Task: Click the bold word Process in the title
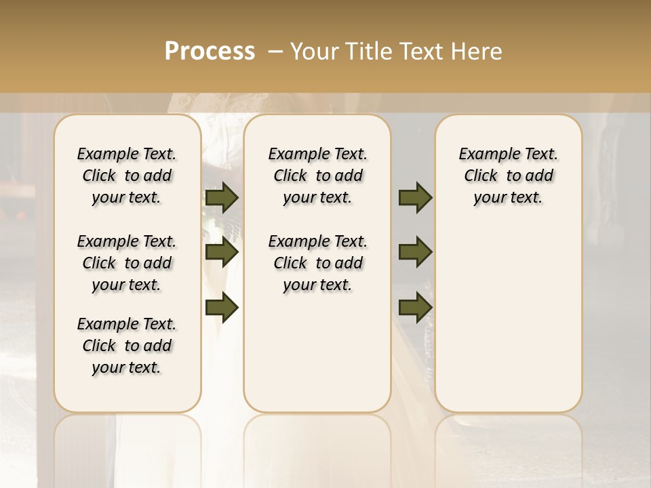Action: pyautogui.click(x=210, y=52)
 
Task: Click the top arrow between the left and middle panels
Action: pyautogui.click(x=221, y=197)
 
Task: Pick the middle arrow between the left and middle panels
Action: pyautogui.click(x=221, y=252)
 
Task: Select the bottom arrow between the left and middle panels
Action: pyautogui.click(x=221, y=307)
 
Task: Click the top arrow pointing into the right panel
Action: pyautogui.click(x=415, y=197)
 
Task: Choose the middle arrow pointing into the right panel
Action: pyautogui.click(x=415, y=252)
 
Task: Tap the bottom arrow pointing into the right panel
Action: pyautogui.click(x=415, y=307)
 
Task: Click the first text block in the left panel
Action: pyautogui.click(x=126, y=176)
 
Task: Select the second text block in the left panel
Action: pyautogui.click(x=126, y=263)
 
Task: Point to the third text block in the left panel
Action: pyautogui.click(x=126, y=346)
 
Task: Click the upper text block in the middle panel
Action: pyautogui.click(x=317, y=176)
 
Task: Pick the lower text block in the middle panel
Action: pyautogui.click(x=317, y=263)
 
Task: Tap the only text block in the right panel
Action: pyautogui.click(x=508, y=176)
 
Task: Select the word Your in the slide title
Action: pyautogui.click(x=312, y=52)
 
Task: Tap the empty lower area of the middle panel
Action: pyautogui.click(x=317, y=352)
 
